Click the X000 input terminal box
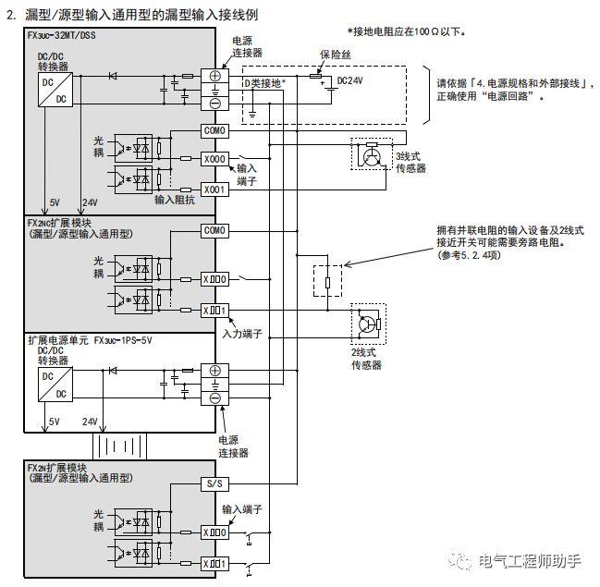[x=214, y=159]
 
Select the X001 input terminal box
[x=214, y=190]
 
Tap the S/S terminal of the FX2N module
[x=214, y=483]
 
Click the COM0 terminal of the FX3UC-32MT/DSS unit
[x=214, y=131]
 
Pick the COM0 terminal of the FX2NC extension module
[x=214, y=230]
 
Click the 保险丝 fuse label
[x=337, y=55]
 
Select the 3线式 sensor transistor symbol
[x=371, y=156]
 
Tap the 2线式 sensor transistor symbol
[x=367, y=324]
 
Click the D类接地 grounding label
[x=264, y=82]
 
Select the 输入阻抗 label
[x=174, y=199]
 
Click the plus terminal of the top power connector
[x=214, y=76]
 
